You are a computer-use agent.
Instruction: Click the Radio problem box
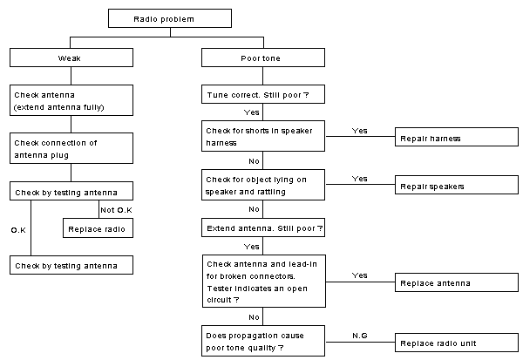click(170, 18)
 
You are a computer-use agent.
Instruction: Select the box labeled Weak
click(71, 58)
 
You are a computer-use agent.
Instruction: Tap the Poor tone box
click(263, 58)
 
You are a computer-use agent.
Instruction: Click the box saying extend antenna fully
click(71, 100)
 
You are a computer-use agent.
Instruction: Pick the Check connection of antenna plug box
click(71, 148)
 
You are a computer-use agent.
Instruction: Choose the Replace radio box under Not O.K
click(98, 228)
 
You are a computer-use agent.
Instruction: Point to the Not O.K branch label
click(116, 210)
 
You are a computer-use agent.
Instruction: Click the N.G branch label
click(359, 336)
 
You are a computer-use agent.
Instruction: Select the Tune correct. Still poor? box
click(263, 94)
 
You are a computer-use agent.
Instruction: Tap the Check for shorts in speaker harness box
click(263, 136)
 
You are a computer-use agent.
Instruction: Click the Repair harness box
click(457, 137)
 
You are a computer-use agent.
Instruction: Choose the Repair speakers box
click(457, 185)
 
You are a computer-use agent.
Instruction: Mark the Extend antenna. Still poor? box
click(263, 228)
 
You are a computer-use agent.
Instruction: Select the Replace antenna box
click(457, 282)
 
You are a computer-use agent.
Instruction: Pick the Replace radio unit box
click(457, 343)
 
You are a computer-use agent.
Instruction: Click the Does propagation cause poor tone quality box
click(263, 341)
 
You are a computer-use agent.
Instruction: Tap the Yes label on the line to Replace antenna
click(359, 275)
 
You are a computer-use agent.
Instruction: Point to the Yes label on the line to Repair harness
click(359, 131)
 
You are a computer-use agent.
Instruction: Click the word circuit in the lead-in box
click(219, 300)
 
